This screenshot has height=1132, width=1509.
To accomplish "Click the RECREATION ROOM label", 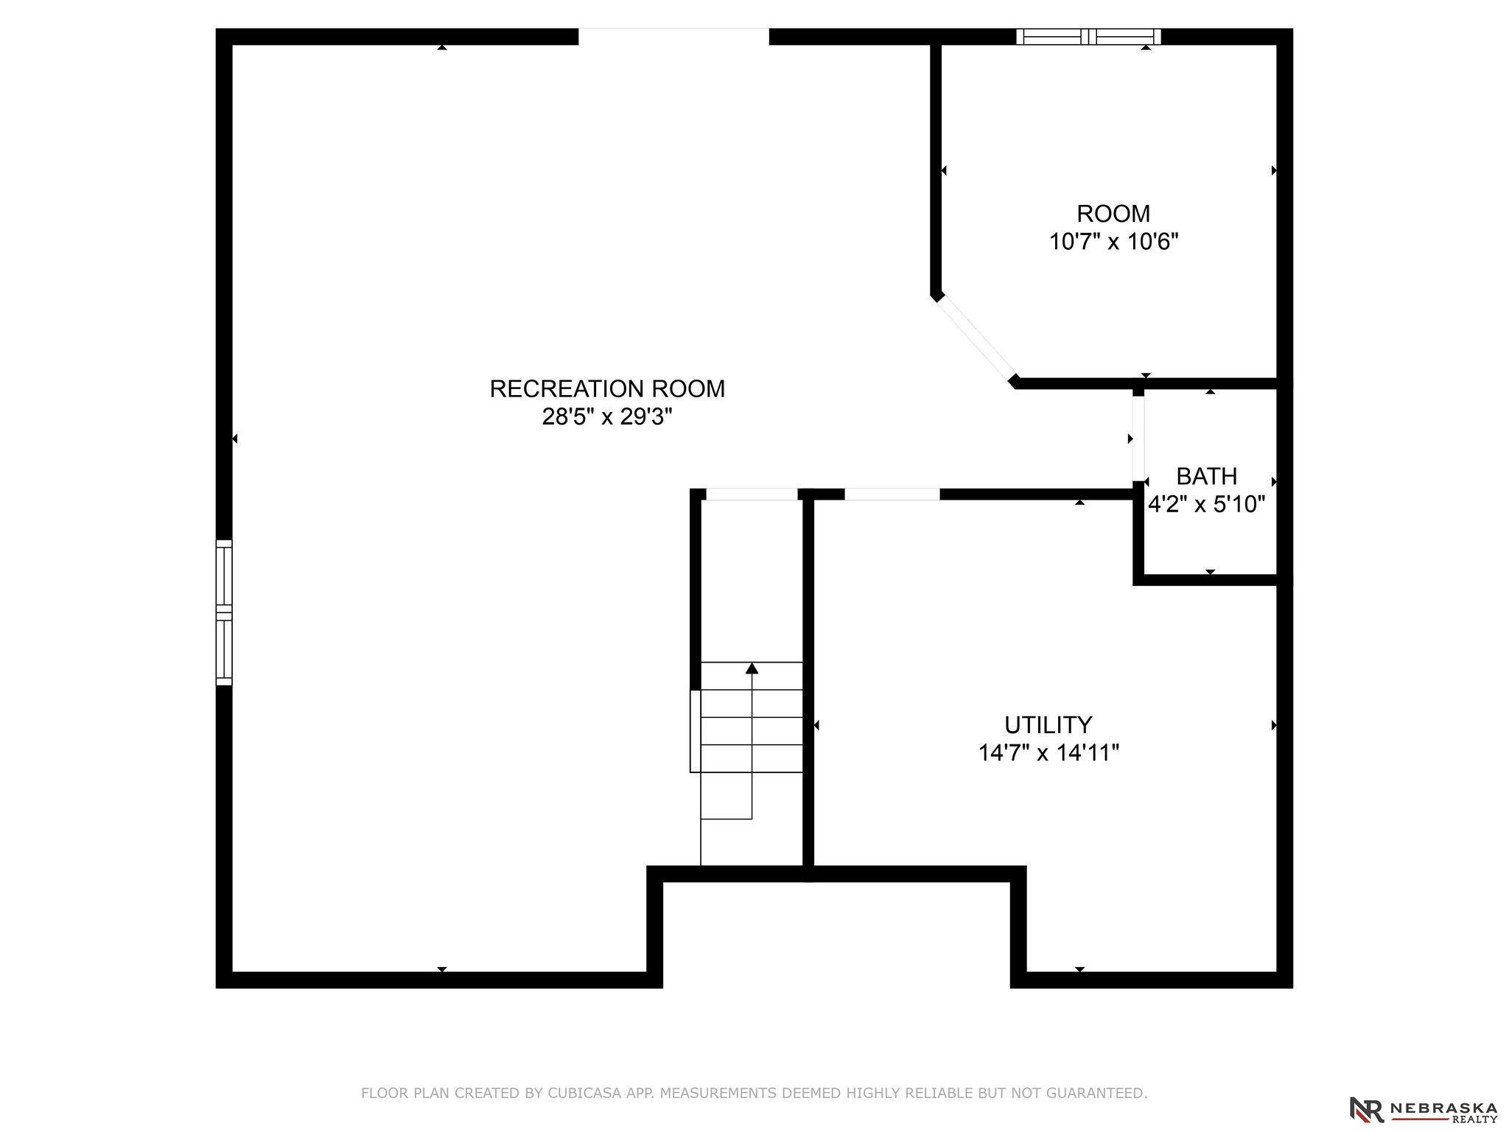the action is point(607,389).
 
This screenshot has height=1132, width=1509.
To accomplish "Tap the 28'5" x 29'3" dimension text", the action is point(607,417).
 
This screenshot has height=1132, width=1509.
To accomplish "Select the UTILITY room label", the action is point(1048,725).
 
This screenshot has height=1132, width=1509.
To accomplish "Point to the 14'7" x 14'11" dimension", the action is point(1048,753).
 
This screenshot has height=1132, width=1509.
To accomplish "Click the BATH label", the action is point(1206,476).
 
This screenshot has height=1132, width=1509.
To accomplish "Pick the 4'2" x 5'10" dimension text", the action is point(1206,504).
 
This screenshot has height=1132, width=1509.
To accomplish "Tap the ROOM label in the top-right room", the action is point(1113,214).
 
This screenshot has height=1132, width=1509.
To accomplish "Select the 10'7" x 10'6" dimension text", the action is point(1113,242).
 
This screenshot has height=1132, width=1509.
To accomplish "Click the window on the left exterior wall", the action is point(224,612).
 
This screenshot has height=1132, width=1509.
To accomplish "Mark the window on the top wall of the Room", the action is point(1088,37).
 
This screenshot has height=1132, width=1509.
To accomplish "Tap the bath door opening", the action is point(1139,439).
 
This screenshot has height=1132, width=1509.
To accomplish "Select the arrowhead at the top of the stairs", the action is point(752,668).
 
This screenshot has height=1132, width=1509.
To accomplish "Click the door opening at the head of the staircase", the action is point(752,495).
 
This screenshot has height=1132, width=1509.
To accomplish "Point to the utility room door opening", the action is point(892,495).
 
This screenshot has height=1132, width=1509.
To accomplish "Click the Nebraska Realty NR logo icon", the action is point(1366,1109).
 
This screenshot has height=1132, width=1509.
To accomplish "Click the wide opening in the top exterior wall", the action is point(673,37).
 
